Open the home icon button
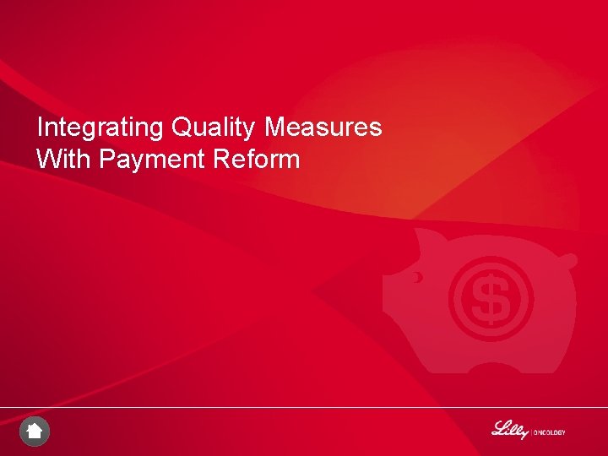[x=35, y=432]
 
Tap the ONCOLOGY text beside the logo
[x=550, y=432]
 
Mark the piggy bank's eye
[x=417, y=276]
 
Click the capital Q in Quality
[x=181, y=128]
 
